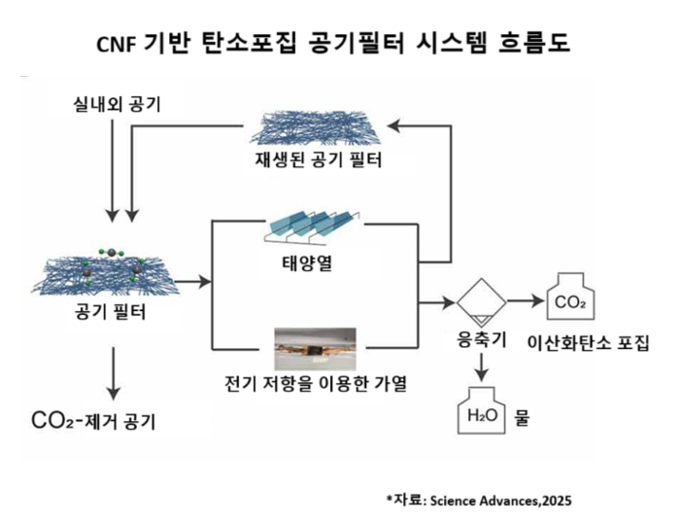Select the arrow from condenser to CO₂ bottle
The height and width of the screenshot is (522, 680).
[523, 301]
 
